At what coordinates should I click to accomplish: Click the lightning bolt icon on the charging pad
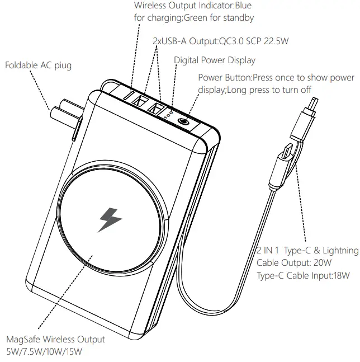click(x=110, y=219)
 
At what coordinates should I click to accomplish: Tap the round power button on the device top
click(x=182, y=121)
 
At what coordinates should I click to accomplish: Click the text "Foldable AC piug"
click(x=38, y=65)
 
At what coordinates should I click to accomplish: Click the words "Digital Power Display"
click(x=214, y=60)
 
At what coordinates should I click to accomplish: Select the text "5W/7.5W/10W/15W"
click(x=44, y=351)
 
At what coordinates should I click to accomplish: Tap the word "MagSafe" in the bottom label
click(x=23, y=339)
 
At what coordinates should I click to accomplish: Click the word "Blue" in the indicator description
click(x=242, y=6)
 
